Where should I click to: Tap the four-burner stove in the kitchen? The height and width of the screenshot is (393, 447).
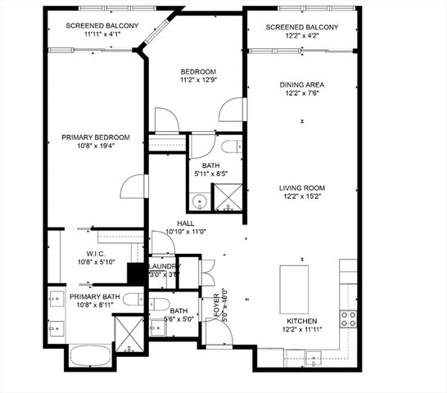pos(348,317)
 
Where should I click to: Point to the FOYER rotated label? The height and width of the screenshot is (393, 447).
pos(218,308)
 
